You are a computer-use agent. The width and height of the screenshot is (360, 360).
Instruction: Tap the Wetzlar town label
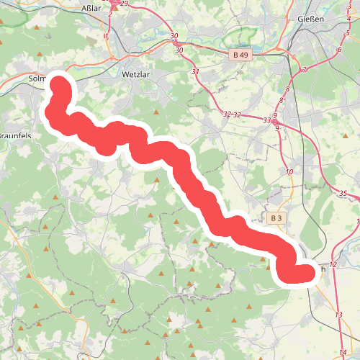click(135, 73)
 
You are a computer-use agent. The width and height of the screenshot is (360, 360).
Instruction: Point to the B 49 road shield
click(242, 55)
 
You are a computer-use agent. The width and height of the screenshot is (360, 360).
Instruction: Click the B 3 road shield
click(276, 217)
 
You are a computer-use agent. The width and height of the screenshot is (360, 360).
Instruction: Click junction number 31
click(196, 72)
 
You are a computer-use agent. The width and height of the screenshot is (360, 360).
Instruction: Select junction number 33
click(267, 120)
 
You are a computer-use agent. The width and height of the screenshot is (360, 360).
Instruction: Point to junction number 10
click(289, 172)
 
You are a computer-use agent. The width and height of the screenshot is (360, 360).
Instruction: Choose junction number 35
click(343, 193)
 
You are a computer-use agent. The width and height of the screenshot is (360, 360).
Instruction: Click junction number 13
click(338, 315)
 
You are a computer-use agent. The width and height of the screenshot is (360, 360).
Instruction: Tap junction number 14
click(341, 350)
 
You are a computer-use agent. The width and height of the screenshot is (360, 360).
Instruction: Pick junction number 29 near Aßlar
click(125, 4)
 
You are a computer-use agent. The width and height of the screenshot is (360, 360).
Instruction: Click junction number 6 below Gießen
click(338, 50)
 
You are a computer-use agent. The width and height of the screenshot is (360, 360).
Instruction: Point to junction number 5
click(346, 34)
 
